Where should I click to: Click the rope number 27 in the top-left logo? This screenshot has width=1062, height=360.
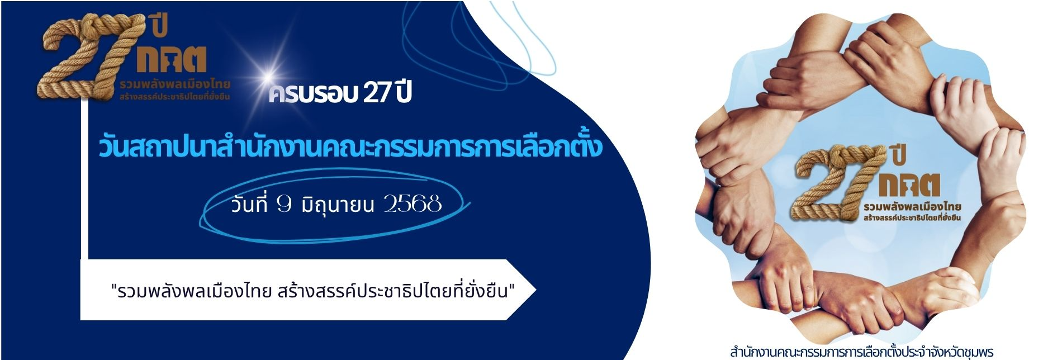[x=84, y=56]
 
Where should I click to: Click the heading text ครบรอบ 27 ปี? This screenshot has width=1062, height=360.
[x=340, y=92]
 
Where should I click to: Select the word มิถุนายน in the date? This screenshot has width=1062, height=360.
[x=337, y=205]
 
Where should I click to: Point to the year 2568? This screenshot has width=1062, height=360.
[x=413, y=204]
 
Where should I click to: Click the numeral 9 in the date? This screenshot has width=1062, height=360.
[x=284, y=204]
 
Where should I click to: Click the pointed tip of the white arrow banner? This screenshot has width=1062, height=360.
[x=535, y=290]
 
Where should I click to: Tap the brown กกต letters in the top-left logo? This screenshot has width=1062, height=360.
[x=172, y=60]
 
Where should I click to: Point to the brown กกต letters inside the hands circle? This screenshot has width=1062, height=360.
[x=910, y=185]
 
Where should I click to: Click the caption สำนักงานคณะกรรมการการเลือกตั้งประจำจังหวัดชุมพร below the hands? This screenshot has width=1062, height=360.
[x=861, y=352]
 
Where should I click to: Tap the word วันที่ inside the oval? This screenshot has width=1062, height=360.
[x=249, y=204]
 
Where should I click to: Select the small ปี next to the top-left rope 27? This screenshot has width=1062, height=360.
[x=159, y=25]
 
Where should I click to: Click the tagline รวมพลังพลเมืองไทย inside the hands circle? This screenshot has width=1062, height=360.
[x=912, y=207]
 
